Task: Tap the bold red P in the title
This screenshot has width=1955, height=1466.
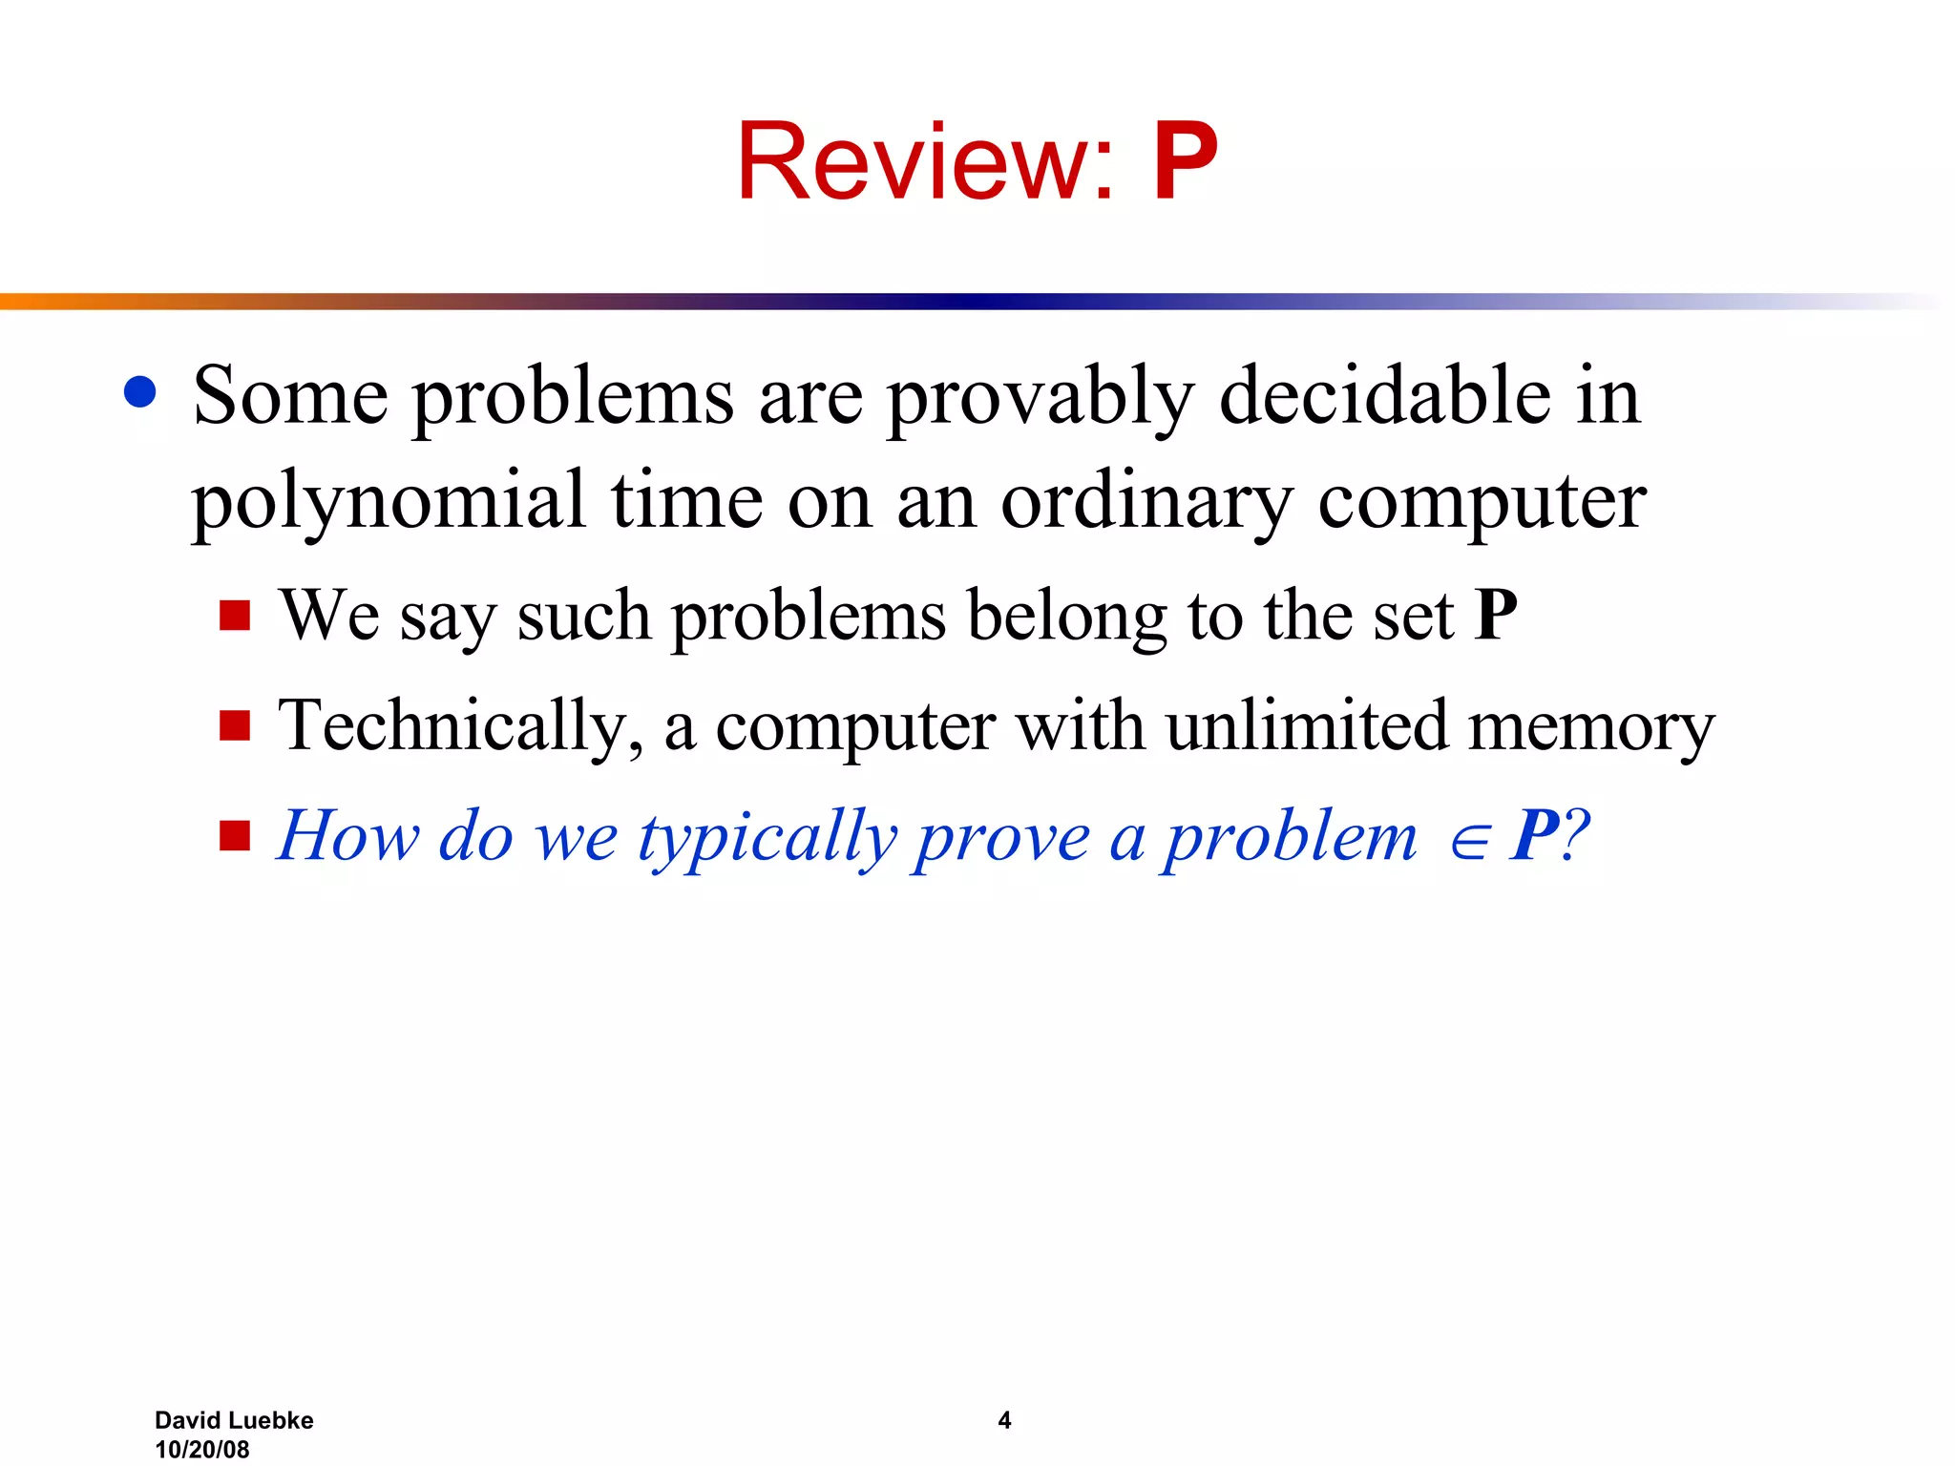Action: pyautogui.click(x=1185, y=162)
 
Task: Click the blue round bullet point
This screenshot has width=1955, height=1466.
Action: pyautogui.click(x=140, y=392)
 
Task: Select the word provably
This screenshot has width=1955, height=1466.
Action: pyautogui.click(x=1040, y=398)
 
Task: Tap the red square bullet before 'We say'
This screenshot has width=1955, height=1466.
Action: pyautogui.click(x=235, y=616)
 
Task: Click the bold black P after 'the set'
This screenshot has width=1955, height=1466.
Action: pyautogui.click(x=1495, y=616)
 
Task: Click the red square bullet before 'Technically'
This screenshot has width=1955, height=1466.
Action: pyautogui.click(x=235, y=725)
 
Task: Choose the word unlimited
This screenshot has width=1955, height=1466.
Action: pyautogui.click(x=1307, y=725)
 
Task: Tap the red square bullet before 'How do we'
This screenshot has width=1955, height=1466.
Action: pyautogui.click(x=235, y=836)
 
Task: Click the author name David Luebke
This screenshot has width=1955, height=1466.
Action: pyautogui.click(x=234, y=1420)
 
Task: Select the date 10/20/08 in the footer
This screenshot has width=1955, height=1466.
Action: pyautogui.click(x=202, y=1449)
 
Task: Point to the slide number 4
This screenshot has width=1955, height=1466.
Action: pyautogui.click(x=1004, y=1420)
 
